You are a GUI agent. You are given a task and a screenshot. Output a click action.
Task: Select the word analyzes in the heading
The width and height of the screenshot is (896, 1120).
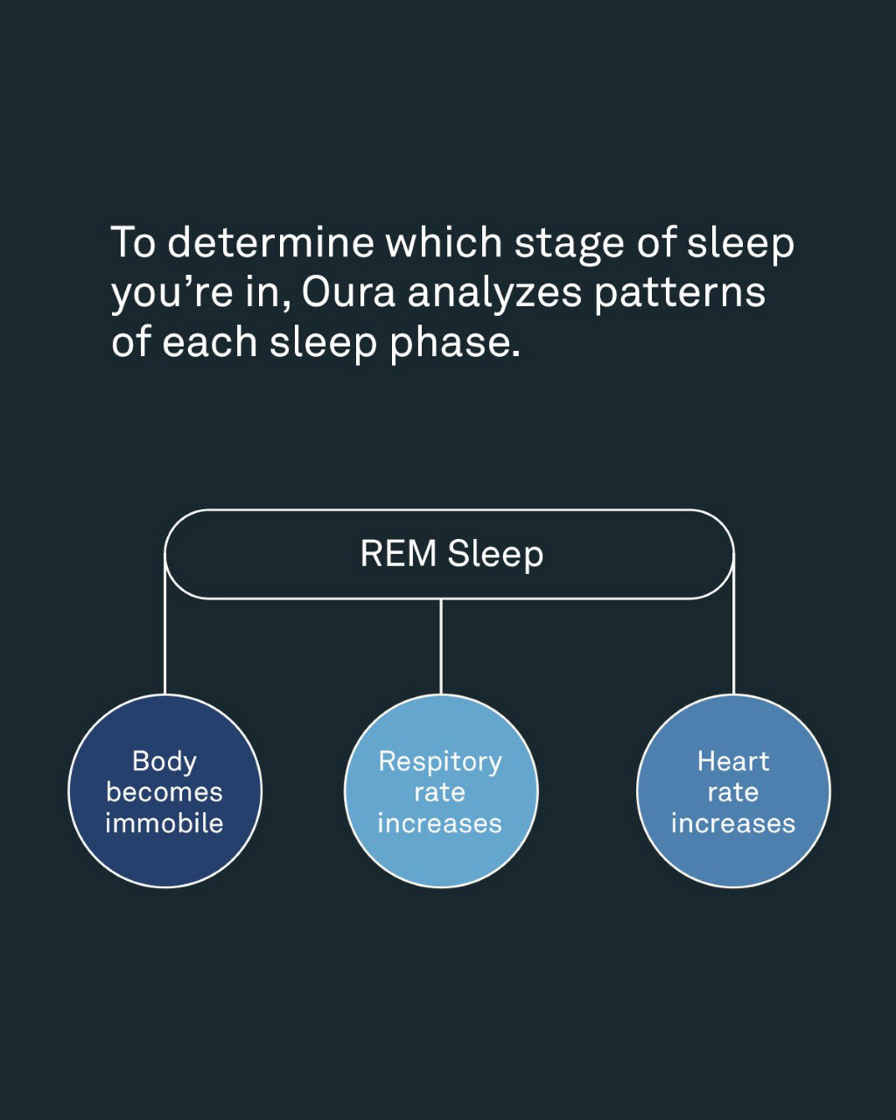point(494,292)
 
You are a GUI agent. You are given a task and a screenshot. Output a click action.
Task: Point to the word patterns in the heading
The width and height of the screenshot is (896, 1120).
point(680,292)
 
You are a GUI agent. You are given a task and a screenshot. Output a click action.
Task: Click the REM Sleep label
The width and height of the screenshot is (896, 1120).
point(451,554)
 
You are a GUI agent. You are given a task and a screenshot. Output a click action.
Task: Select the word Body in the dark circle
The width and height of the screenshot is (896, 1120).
point(164,761)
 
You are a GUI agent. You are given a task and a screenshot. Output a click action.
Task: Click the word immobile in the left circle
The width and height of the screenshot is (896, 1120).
point(164,823)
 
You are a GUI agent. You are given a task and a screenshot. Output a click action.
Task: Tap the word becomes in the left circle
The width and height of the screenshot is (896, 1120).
point(164,793)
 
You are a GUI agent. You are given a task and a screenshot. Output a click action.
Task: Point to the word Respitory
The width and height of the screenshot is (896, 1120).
point(440,762)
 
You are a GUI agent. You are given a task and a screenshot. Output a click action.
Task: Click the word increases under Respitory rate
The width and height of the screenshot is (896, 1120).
point(440,823)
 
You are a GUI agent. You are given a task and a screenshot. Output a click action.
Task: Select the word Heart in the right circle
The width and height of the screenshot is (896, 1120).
point(733,761)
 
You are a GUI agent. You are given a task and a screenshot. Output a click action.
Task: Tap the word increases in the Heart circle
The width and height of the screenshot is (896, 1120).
point(733,823)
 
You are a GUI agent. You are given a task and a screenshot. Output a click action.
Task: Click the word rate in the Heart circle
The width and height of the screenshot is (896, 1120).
point(733,793)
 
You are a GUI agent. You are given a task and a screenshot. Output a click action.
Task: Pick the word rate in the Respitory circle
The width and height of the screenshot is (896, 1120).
point(440,793)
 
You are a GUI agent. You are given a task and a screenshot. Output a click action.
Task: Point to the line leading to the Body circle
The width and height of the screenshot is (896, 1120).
point(165,639)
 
